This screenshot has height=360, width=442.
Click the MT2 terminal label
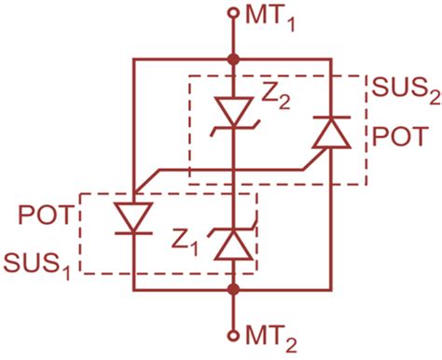point(270,334)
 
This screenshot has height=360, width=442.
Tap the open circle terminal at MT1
point(233,13)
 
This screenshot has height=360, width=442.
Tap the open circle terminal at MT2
point(233,334)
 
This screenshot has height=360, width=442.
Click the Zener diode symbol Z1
point(233,244)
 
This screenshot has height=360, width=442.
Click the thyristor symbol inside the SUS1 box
point(134,218)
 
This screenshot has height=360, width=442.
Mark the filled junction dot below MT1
point(233,61)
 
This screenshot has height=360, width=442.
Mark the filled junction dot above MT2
point(233,289)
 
